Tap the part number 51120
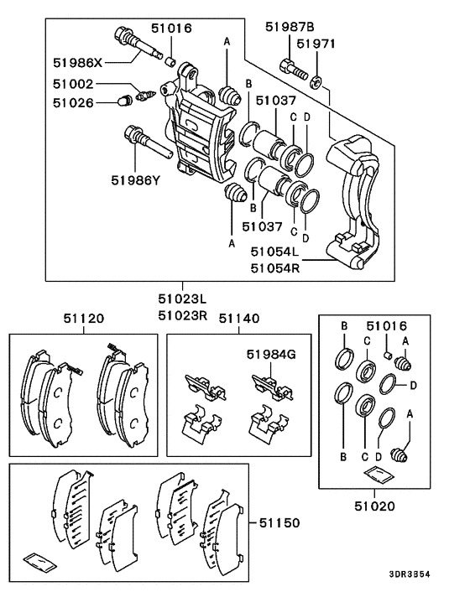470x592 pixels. tap(84, 319)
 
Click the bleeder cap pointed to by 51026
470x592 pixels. tap(122, 103)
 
